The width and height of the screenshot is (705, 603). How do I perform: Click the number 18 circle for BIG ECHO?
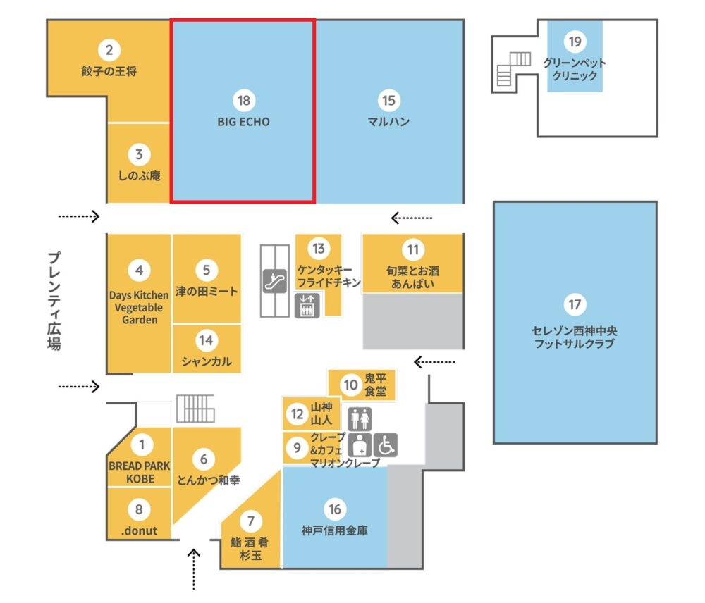(x=244, y=100)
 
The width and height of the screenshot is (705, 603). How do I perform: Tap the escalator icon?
(x=275, y=281)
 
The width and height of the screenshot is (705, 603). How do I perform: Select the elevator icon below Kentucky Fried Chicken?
(x=307, y=306)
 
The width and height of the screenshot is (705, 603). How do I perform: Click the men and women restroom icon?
(x=360, y=418)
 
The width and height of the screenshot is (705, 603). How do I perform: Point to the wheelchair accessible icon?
(x=386, y=445)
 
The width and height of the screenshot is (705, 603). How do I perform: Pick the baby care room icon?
(x=360, y=445)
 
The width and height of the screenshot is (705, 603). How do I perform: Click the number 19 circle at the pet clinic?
(x=575, y=42)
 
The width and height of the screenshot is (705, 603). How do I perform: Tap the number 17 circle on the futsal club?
(x=575, y=304)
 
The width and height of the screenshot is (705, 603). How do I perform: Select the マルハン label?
(x=388, y=122)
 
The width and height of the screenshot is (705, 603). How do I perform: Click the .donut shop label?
(x=139, y=530)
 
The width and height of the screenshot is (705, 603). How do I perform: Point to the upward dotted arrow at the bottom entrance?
(x=194, y=569)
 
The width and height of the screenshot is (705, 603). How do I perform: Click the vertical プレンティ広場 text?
(x=54, y=301)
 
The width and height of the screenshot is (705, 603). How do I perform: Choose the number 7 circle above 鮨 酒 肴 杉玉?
(x=250, y=521)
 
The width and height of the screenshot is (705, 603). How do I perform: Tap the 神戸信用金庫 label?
(x=334, y=530)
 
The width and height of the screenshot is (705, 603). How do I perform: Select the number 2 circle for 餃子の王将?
(x=109, y=50)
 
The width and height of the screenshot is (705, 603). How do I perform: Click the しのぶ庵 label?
(x=139, y=175)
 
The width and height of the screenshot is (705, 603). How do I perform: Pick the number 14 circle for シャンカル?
(x=207, y=340)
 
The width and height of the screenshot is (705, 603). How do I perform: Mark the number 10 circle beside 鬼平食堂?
(x=350, y=385)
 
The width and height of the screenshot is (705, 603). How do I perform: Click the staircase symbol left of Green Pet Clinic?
(x=513, y=69)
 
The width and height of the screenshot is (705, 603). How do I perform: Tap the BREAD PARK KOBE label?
(x=140, y=472)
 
